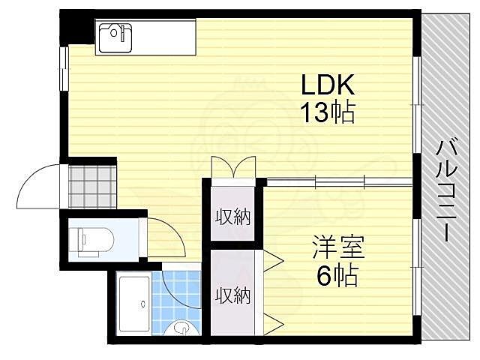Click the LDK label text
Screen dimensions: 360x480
327,83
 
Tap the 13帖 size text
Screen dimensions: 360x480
327,112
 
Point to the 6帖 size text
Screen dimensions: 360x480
337,275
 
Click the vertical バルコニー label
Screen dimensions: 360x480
445,187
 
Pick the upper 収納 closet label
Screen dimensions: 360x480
233,217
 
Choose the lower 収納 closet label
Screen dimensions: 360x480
233,295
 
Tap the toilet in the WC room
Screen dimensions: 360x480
93,239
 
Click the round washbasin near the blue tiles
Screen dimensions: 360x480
182,328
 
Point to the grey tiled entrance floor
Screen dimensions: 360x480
92,185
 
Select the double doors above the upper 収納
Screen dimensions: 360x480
233,167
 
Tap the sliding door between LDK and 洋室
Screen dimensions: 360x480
337,180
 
